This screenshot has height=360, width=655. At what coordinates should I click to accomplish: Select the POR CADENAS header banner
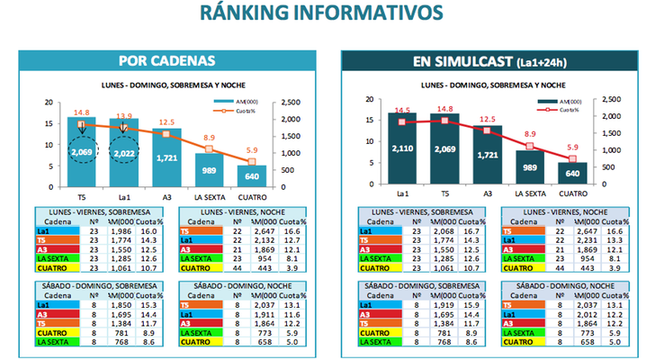[166, 61]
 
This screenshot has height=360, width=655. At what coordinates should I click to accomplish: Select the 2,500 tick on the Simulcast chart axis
[609, 99]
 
